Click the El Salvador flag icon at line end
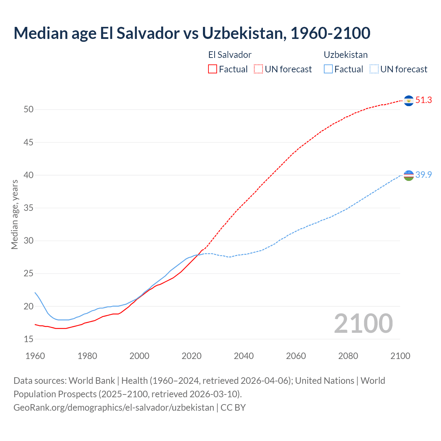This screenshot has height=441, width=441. pos(409,101)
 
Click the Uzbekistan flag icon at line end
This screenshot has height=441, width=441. pos(409,175)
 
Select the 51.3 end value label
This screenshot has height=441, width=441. pos(423,100)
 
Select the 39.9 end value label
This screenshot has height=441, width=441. pos(423,175)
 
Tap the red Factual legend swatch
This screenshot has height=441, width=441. pos(213,69)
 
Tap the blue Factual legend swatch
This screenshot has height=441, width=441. pos(328,69)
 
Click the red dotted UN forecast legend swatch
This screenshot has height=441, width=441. pos(258,69)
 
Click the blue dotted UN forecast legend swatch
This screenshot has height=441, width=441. pos(374,69)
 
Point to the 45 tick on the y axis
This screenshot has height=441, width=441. pos(29,142)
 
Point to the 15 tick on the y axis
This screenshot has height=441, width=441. pos(29,339)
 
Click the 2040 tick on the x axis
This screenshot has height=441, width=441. pos(244,356)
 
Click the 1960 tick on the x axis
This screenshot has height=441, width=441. pos(35,356)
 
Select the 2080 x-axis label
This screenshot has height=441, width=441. pos(348,356)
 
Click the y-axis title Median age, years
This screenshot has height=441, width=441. pos(14,214)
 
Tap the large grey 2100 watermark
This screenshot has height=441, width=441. pos(363,324)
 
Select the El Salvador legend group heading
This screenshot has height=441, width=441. pos(230,55)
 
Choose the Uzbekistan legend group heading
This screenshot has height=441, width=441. pos(346,55)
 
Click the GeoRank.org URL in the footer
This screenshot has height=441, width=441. pos(114,408)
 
